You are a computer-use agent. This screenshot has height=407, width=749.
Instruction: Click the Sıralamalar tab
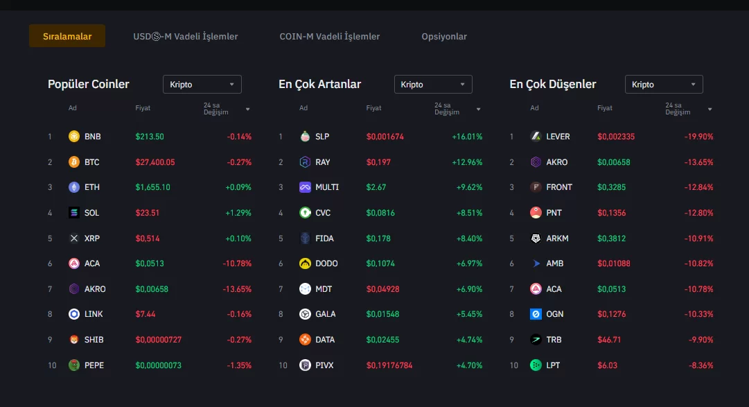(67, 36)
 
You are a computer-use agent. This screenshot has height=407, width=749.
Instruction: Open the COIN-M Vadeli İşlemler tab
(330, 36)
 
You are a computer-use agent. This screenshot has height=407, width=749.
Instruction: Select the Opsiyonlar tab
(444, 36)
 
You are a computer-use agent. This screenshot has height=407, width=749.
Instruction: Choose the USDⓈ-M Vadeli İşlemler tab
(186, 36)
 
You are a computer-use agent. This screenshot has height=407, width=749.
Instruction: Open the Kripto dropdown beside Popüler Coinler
(202, 85)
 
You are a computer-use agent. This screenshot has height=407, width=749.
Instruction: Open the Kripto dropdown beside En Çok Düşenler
(664, 85)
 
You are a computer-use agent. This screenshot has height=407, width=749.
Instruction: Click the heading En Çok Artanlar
(319, 84)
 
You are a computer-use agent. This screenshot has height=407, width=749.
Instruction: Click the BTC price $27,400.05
(155, 162)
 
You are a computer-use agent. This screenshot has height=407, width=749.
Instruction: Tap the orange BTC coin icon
(74, 162)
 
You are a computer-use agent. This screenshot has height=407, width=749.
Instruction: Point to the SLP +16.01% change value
(467, 137)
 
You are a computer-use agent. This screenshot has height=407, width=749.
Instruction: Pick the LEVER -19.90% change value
(698, 137)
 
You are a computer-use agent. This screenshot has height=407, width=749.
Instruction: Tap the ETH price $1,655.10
(153, 187)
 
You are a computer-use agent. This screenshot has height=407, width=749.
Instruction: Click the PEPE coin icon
(74, 365)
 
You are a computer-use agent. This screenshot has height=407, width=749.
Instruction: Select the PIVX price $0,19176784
(389, 365)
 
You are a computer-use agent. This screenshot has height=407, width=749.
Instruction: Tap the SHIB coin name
(94, 340)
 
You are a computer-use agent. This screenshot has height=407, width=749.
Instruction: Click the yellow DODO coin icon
(305, 263)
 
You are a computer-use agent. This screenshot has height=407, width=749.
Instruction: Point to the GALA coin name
(325, 314)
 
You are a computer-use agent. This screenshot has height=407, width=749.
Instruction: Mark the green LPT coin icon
(536, 365)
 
